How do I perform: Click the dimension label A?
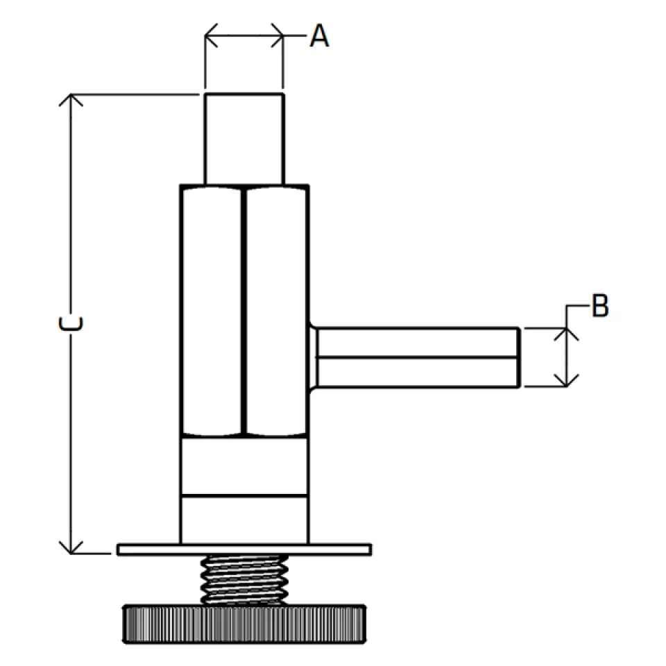[319, 35]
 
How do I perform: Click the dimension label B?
[600, 305]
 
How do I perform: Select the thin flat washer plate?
[244, 549]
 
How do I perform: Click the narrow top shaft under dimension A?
[244, 137]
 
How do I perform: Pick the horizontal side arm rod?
[416, 357]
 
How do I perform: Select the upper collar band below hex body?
[244, 466]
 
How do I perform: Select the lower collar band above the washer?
[244, 520]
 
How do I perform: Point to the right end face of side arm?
[519, 357]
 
